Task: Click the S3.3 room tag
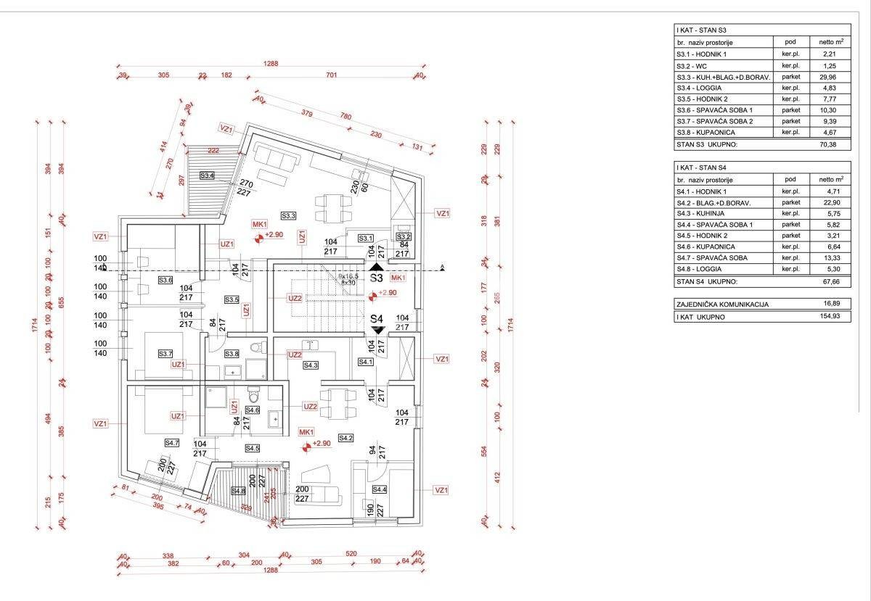coord(289,215)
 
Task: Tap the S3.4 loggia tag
coord(208,175)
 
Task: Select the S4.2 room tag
coord(345,438)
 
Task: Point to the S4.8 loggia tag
coord(238,491)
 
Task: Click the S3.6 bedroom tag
coord(166,280)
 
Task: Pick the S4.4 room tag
coord(379,490)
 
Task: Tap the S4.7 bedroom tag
coord(172,442)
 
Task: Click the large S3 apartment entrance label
coord(376,278)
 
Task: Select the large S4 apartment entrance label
coord(376,318)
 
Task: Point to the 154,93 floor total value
coord(832,316)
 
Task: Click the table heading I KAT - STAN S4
coord(702,167)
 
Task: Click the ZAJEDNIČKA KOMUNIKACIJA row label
coord(721,304)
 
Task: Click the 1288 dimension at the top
coord(271,65)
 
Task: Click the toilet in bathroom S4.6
coord(253,396)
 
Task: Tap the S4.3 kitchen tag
coord(311,365)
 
